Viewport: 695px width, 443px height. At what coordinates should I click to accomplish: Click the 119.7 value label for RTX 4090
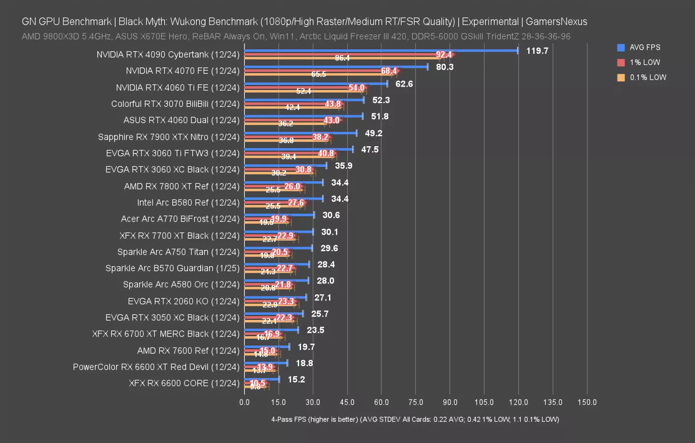coord(537,51)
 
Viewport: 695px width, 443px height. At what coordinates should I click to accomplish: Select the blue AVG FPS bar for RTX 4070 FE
coord(336,66)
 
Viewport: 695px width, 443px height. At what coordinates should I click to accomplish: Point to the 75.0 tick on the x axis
coord(416,402)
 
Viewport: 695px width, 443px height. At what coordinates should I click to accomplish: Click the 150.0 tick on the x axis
coord(587,402)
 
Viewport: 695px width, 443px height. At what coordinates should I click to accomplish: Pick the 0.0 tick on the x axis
coord(244,402)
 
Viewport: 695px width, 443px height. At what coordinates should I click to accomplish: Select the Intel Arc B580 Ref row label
coord(188,202)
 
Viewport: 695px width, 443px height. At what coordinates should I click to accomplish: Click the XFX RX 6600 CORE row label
coord(184,383)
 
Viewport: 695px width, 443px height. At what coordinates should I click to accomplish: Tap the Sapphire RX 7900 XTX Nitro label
coord(168,137)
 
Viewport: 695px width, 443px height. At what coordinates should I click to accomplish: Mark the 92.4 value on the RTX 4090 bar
coord(444,55)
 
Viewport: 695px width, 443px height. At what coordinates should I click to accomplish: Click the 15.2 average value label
coord(296,380)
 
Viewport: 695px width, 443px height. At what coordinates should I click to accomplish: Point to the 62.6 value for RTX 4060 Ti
coord(404,84)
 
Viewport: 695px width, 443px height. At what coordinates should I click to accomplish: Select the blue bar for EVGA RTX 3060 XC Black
coord(285,165)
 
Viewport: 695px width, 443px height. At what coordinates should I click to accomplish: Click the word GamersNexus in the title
coord(556,22)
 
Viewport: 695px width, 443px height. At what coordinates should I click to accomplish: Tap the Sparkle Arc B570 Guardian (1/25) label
coord(172,268)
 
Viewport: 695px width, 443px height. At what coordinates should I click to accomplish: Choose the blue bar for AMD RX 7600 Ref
coord(267,347)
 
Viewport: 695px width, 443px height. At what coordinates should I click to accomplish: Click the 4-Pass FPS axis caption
coord(415,419)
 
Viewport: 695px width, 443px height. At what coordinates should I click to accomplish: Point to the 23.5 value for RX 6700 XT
coord(315,330)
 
